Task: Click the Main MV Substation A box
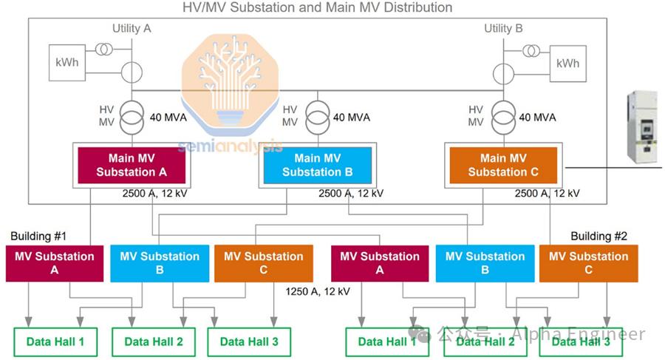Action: coord(132,165)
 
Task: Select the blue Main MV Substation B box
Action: coord(317,165)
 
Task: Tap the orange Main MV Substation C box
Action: coord(503,165)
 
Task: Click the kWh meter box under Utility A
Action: coord(67,63)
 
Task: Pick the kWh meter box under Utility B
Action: coord(568,63)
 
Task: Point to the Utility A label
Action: coord(132,28)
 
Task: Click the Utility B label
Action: coord(503,28)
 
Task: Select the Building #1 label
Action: coord(38,237)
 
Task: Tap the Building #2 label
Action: coord(598,237)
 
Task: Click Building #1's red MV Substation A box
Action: coord(55,264)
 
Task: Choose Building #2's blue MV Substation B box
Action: coord(485,264)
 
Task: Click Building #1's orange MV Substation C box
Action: coord(263,264)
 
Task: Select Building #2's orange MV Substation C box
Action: coord(588,264)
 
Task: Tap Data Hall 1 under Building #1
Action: coord(55,342)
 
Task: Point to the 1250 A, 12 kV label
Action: coord(318,291)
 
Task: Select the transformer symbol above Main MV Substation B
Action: coord(317,117)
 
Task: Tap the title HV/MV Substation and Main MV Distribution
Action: coord(317,7)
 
